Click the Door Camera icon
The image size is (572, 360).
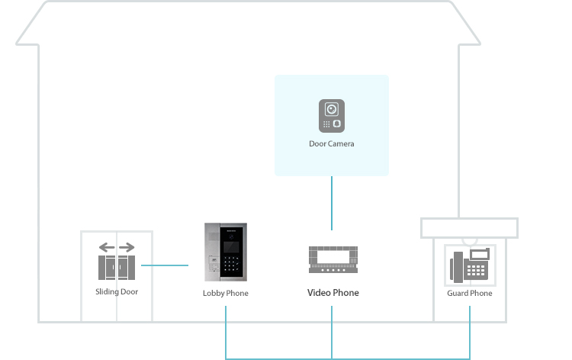point(332,116)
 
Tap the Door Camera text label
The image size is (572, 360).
point(332,143)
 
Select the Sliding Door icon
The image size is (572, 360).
point(117,261)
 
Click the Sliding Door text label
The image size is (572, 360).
point(117,292)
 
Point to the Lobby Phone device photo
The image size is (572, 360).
point(226,252)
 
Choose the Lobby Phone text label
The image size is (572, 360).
point(226,293)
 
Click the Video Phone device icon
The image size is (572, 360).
point(333,259)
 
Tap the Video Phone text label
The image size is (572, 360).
point(333,293)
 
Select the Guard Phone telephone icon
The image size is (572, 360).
point(470,265)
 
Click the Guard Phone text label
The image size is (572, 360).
point(470,293)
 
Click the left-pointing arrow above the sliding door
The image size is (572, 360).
point(107,247)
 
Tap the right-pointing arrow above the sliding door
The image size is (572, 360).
point(127,247)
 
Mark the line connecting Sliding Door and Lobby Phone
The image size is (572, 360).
point(165,265)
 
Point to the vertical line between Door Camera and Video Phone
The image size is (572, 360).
point(332,203)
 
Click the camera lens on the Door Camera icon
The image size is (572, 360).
point(332,109)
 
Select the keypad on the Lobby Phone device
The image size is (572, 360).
point(231,264)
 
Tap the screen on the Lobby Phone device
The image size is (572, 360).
point(231,247)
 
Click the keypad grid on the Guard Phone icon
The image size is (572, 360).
point(476,270)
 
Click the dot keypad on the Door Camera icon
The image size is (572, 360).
point(326,124)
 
